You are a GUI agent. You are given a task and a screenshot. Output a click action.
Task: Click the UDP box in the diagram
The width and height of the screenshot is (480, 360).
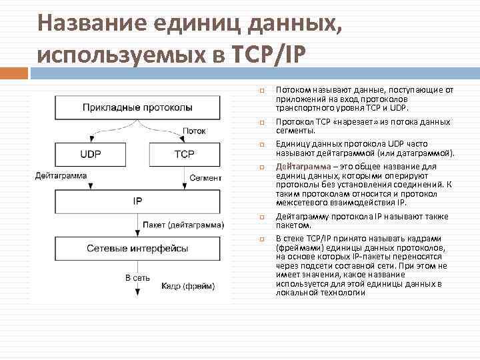tap(90, 154)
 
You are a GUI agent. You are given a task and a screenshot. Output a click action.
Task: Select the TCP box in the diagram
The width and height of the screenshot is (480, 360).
tap(184, 154)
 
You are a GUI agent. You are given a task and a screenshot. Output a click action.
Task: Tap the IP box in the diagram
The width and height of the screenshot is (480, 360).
tap(137, 200)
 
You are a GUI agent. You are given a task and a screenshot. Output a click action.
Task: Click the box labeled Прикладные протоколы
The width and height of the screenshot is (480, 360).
tap(137, 107)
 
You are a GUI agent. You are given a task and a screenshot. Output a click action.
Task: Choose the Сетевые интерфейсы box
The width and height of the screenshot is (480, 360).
tap(137, 248)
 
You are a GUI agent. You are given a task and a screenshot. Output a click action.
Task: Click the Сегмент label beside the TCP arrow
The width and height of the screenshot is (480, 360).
tap(205, 178)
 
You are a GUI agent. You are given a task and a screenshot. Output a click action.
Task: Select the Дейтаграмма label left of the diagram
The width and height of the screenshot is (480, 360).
tap(61, 176)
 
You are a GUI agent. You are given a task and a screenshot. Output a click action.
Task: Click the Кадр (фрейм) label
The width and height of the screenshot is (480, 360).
tap(188, 286)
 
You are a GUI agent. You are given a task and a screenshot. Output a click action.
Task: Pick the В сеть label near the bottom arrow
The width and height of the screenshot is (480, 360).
tap(137, 277)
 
